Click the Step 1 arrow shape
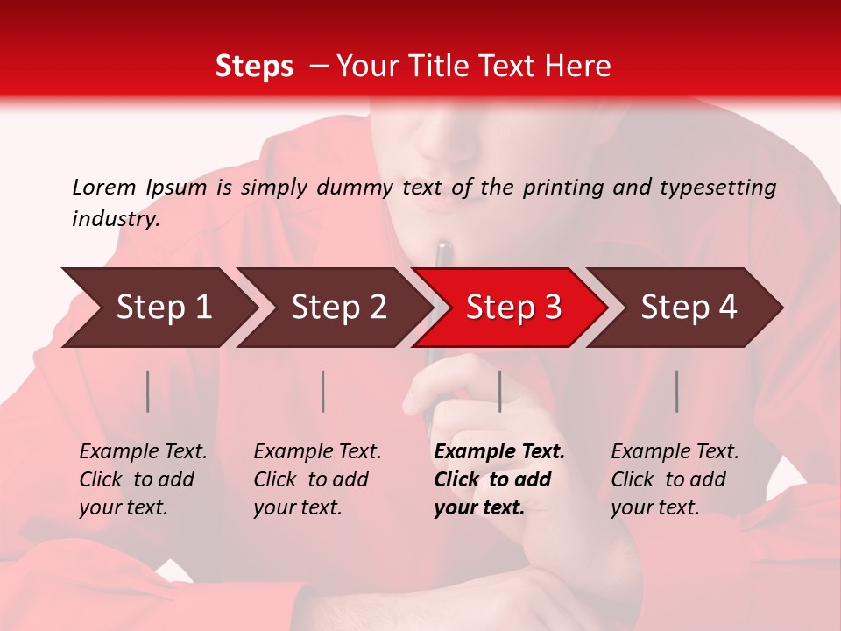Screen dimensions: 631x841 pos(162,308)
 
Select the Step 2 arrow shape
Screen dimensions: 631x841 pos(337,308)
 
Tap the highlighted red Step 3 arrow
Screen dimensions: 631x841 pos(512,308)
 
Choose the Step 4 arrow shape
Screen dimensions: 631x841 pos(688,308)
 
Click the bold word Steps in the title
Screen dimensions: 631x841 pos(254,67)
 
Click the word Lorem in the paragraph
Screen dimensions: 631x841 pos(104,187)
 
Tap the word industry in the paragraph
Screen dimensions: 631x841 pos(115,218)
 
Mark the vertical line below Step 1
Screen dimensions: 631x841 pos(148,391)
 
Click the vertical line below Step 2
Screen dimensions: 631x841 pos(323,391)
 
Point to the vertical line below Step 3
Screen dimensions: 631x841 pos(499,391)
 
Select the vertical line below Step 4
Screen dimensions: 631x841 pos(676,391)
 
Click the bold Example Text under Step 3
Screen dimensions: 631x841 pos(499,452)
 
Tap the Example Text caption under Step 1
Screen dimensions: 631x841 pos(143,452)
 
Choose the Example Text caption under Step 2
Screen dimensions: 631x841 pos(317,452)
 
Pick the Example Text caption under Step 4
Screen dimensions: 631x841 pos(675,452)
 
